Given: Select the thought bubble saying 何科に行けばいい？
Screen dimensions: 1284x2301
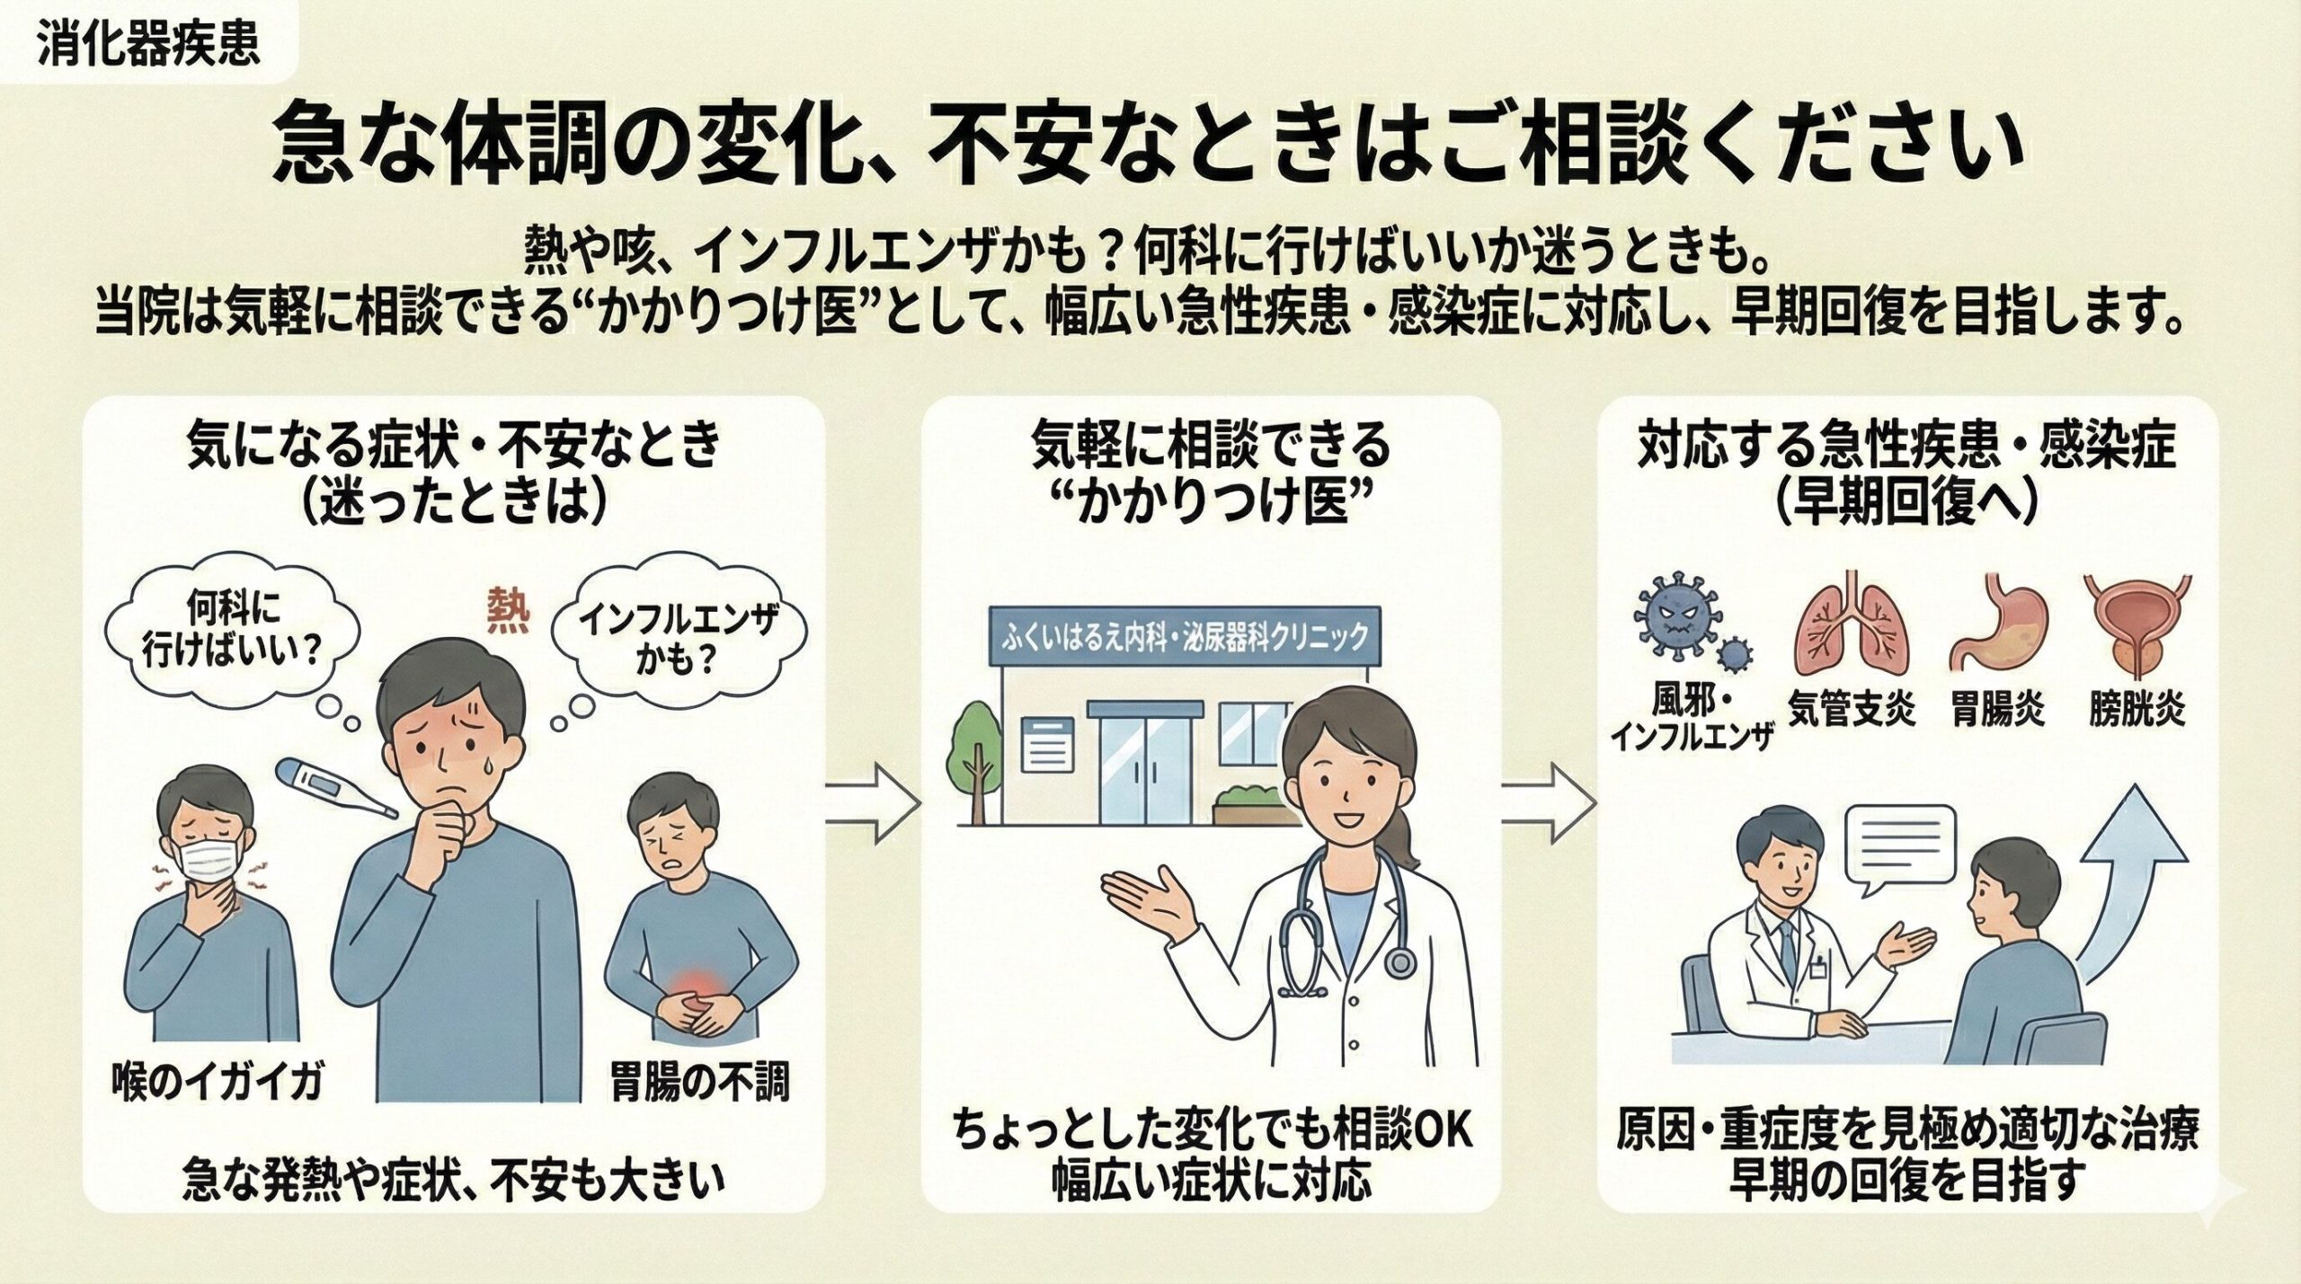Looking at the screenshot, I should pyautogui.click(x=232, y=638).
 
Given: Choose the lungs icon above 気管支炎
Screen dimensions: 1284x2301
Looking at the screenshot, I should pyautogui.click(x=1843, y=633).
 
